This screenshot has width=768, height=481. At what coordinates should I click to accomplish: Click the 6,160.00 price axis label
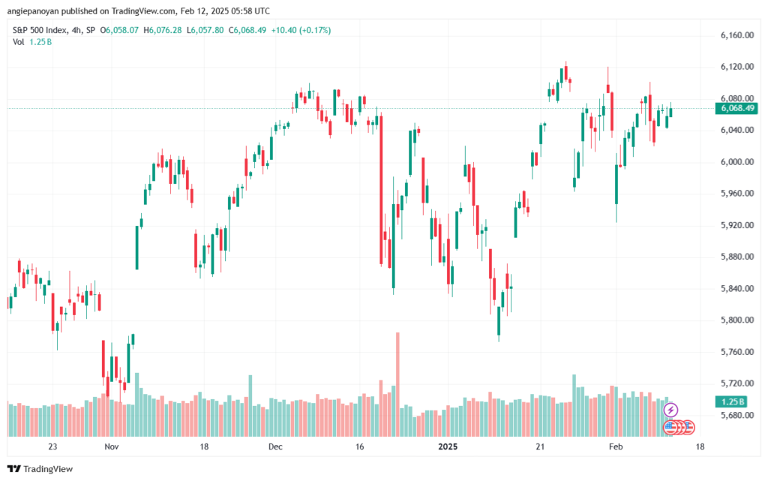coord(736,35)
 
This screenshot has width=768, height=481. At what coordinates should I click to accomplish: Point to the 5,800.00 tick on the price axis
coord(736,320)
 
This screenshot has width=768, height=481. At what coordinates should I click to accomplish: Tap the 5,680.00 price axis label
coord(736,415)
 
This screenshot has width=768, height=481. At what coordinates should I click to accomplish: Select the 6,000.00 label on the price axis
coord(736,161)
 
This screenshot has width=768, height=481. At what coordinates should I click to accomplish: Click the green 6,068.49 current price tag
coord(736,108)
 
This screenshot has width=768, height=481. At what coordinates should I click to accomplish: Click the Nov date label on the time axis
coord(112,446)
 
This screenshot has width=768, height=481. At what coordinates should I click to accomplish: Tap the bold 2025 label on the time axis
coord(448,446)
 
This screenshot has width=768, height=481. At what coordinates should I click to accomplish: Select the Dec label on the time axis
coord(275,446)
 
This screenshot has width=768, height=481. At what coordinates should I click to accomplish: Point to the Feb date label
coord(616,446)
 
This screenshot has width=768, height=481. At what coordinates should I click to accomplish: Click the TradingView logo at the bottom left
coord(40,469)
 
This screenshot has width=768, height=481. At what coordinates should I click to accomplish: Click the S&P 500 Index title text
coord(40,30)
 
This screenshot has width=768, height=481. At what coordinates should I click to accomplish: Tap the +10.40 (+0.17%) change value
coord(301,30)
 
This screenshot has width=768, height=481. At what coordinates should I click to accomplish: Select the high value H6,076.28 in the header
coord(163,30)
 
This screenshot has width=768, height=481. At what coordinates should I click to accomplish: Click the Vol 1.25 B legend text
coord(32,42)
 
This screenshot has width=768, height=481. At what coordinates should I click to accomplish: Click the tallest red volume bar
coord(397,384)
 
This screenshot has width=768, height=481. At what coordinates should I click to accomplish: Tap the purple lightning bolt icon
coord(670,410)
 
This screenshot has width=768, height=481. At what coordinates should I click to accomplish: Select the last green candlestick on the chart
coord(670,111)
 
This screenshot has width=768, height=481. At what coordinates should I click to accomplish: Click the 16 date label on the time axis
coord(360,446)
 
